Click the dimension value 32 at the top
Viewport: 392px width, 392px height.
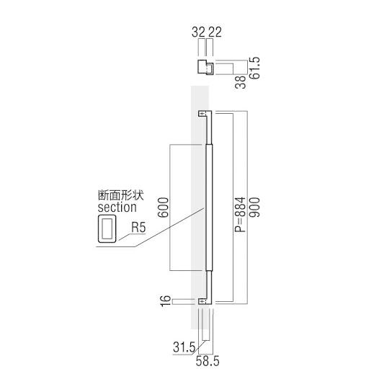coord(198,33)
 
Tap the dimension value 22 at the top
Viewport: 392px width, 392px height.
coord(214,33)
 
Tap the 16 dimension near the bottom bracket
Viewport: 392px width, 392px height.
coord(166,300)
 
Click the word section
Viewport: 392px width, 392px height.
coord(116,208)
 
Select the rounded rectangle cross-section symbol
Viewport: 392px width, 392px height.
coord(106,230)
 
